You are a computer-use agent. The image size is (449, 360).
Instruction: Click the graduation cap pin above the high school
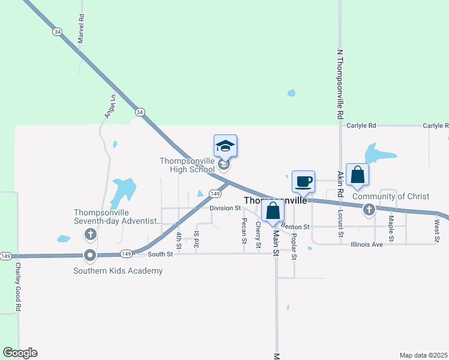[x=226, y=146]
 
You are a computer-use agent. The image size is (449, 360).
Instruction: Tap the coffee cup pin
[x=303, y=181]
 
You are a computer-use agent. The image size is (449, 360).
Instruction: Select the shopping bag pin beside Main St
[x=273, y=211]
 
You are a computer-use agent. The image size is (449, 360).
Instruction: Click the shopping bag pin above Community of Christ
[x=357, y=175]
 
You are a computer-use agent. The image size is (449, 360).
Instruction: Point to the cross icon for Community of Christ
[x=369, y=209]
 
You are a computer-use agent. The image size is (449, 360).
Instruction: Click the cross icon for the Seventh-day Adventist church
[x=90, y=234]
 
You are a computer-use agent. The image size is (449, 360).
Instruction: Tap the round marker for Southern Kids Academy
[x=90, y=256]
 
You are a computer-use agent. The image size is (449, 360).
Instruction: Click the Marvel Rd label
[x=81, y=29]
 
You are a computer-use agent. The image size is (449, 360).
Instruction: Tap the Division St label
[x=225, y=208]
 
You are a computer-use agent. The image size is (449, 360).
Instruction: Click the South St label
[x=160, y=254]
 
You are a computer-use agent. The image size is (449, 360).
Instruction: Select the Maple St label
[x=391, y=229]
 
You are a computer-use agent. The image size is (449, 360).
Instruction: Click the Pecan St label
[x=244, y=230]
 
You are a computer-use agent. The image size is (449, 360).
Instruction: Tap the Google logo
[x=20, y=353]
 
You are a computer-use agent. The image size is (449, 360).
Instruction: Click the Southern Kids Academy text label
[x=118, y=271]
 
